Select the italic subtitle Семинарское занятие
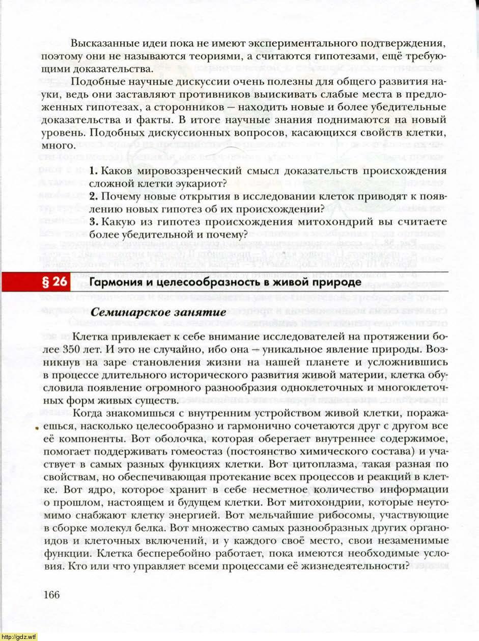154,313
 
